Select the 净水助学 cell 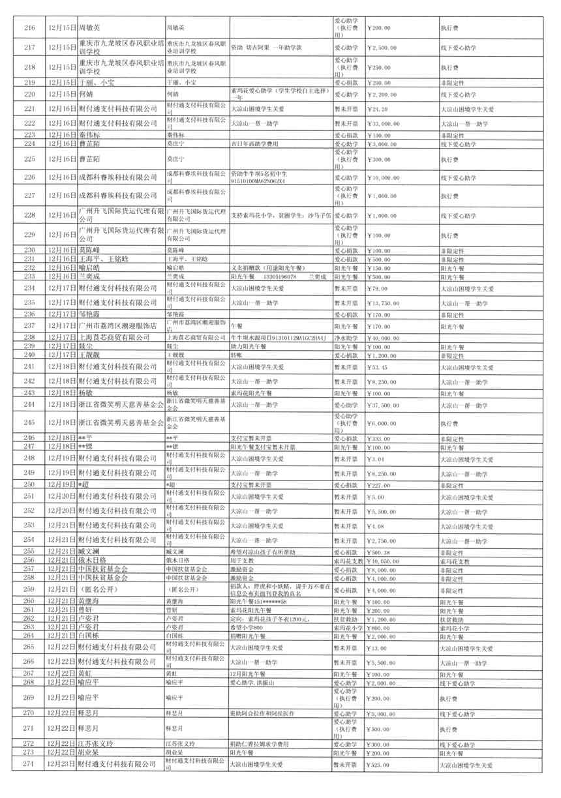(x=346, y=337)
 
